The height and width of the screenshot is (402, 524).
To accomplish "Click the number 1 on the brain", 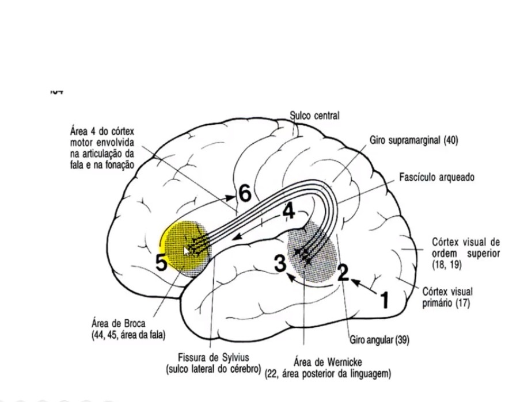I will [384, 299].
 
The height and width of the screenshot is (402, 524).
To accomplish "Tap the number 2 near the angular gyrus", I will [343, 273].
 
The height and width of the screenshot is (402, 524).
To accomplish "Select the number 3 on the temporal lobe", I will [280, 264].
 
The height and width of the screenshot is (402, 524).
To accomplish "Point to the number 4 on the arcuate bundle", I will [288, 212].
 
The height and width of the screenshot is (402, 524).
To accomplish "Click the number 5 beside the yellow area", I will [161, 263].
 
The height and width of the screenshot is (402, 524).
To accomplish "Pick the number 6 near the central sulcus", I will [245, 194].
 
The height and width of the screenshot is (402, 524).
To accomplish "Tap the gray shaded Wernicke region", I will [313, 253].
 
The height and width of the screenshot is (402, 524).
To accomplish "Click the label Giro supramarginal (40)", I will [413, 140].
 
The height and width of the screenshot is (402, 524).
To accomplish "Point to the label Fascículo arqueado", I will [437, 178].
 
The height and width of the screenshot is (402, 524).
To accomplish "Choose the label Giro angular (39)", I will [379, 340].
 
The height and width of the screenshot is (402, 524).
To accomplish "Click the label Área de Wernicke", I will [328, 363].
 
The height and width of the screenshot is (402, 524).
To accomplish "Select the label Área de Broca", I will [118, 323].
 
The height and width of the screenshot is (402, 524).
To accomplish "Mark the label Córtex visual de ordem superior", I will [466, 253].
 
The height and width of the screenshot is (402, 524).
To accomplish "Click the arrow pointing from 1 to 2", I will [364, 286].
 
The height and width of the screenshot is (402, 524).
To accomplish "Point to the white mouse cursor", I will [187, 251].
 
